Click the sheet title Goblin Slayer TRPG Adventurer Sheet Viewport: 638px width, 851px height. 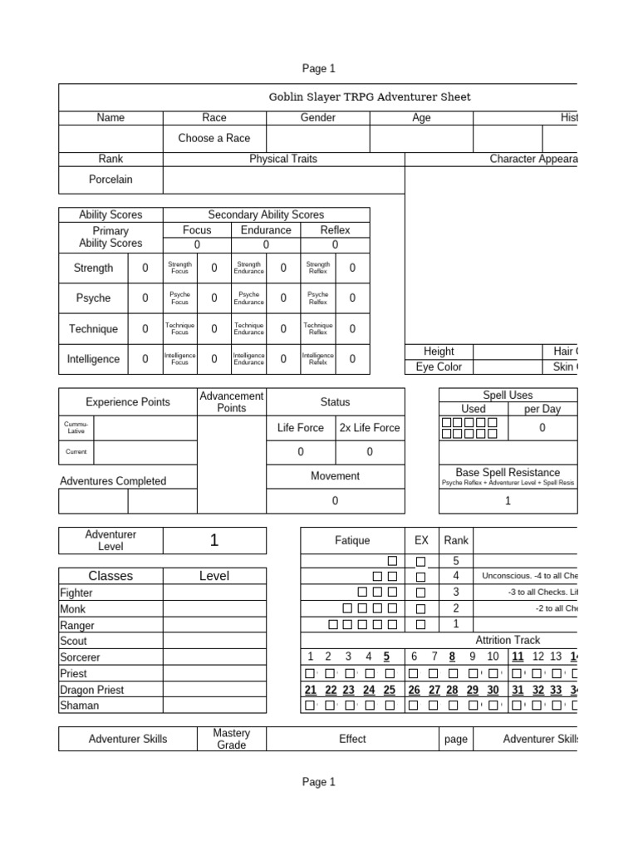click(x=370, y=96)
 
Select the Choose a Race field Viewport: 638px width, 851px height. click(x=213, y=138)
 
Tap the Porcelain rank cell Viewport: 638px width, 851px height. click(x=110, y=179)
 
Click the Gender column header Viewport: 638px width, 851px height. click(x=318, y=117)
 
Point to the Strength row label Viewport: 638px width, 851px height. click(x=93, y=268)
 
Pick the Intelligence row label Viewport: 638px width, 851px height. click(x=93, y=359)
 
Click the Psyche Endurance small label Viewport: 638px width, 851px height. click(x=248, y=298)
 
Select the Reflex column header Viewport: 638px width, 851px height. click(x=335, y=230)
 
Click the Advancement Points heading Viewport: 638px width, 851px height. click(x=231, y=401)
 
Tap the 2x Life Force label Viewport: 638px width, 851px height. click(x=370, y=428)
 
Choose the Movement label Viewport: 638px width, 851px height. click(x=335, y=476)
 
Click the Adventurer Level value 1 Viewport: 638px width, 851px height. click(x=214, y=540)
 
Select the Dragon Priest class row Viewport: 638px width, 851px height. click(x=91, y=690)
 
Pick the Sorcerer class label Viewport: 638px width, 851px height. click(x=80, y=657)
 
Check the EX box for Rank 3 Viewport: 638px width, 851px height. click(x=420, y=593)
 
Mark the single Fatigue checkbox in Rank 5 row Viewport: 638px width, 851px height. click(x=392, y=561)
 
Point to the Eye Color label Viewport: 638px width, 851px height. click(x=438, y=366)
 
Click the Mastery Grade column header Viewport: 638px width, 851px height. click(x=231, y=739)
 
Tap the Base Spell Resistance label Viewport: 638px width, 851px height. click(x=508, y=472)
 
